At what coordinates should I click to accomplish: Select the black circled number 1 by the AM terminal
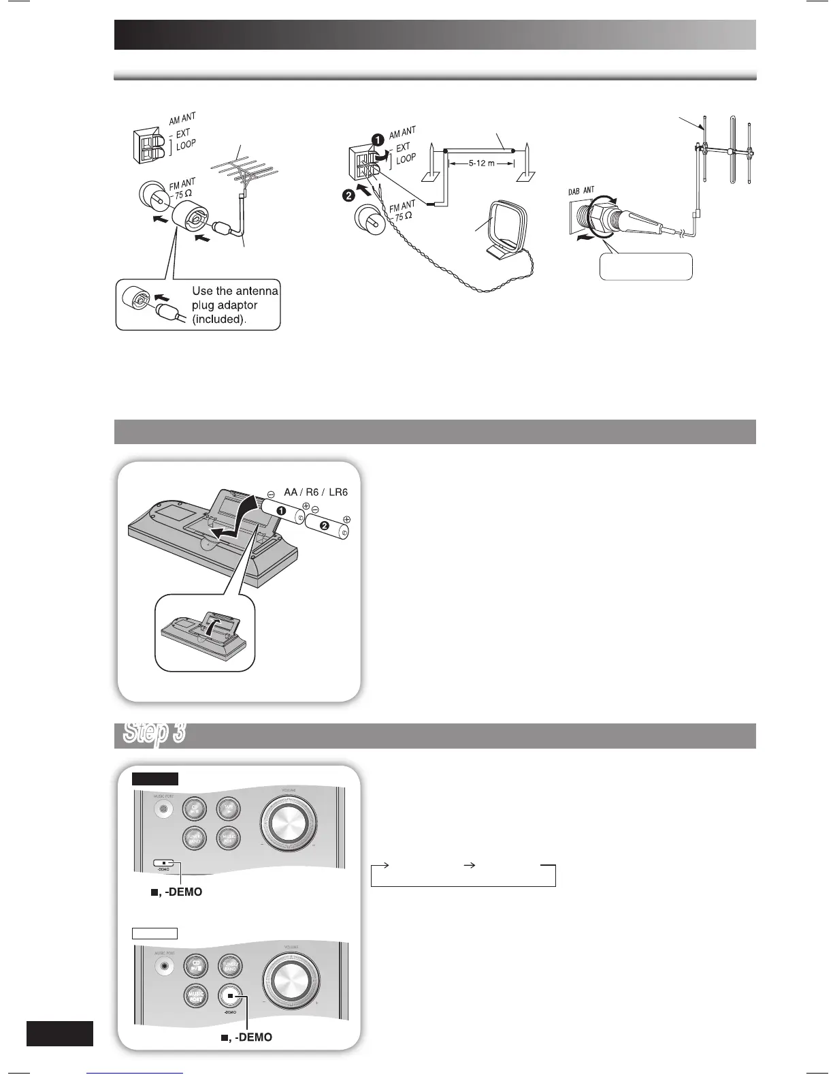tap(376, 138)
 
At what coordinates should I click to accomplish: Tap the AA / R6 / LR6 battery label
tap(316, 492)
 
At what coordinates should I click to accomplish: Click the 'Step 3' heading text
tap(154, 734)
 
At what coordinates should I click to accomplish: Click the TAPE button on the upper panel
tap(227, 809)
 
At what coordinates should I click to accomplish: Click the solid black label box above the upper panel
tap(155, 779)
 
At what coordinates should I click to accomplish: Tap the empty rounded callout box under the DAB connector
tap(645, 266)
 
